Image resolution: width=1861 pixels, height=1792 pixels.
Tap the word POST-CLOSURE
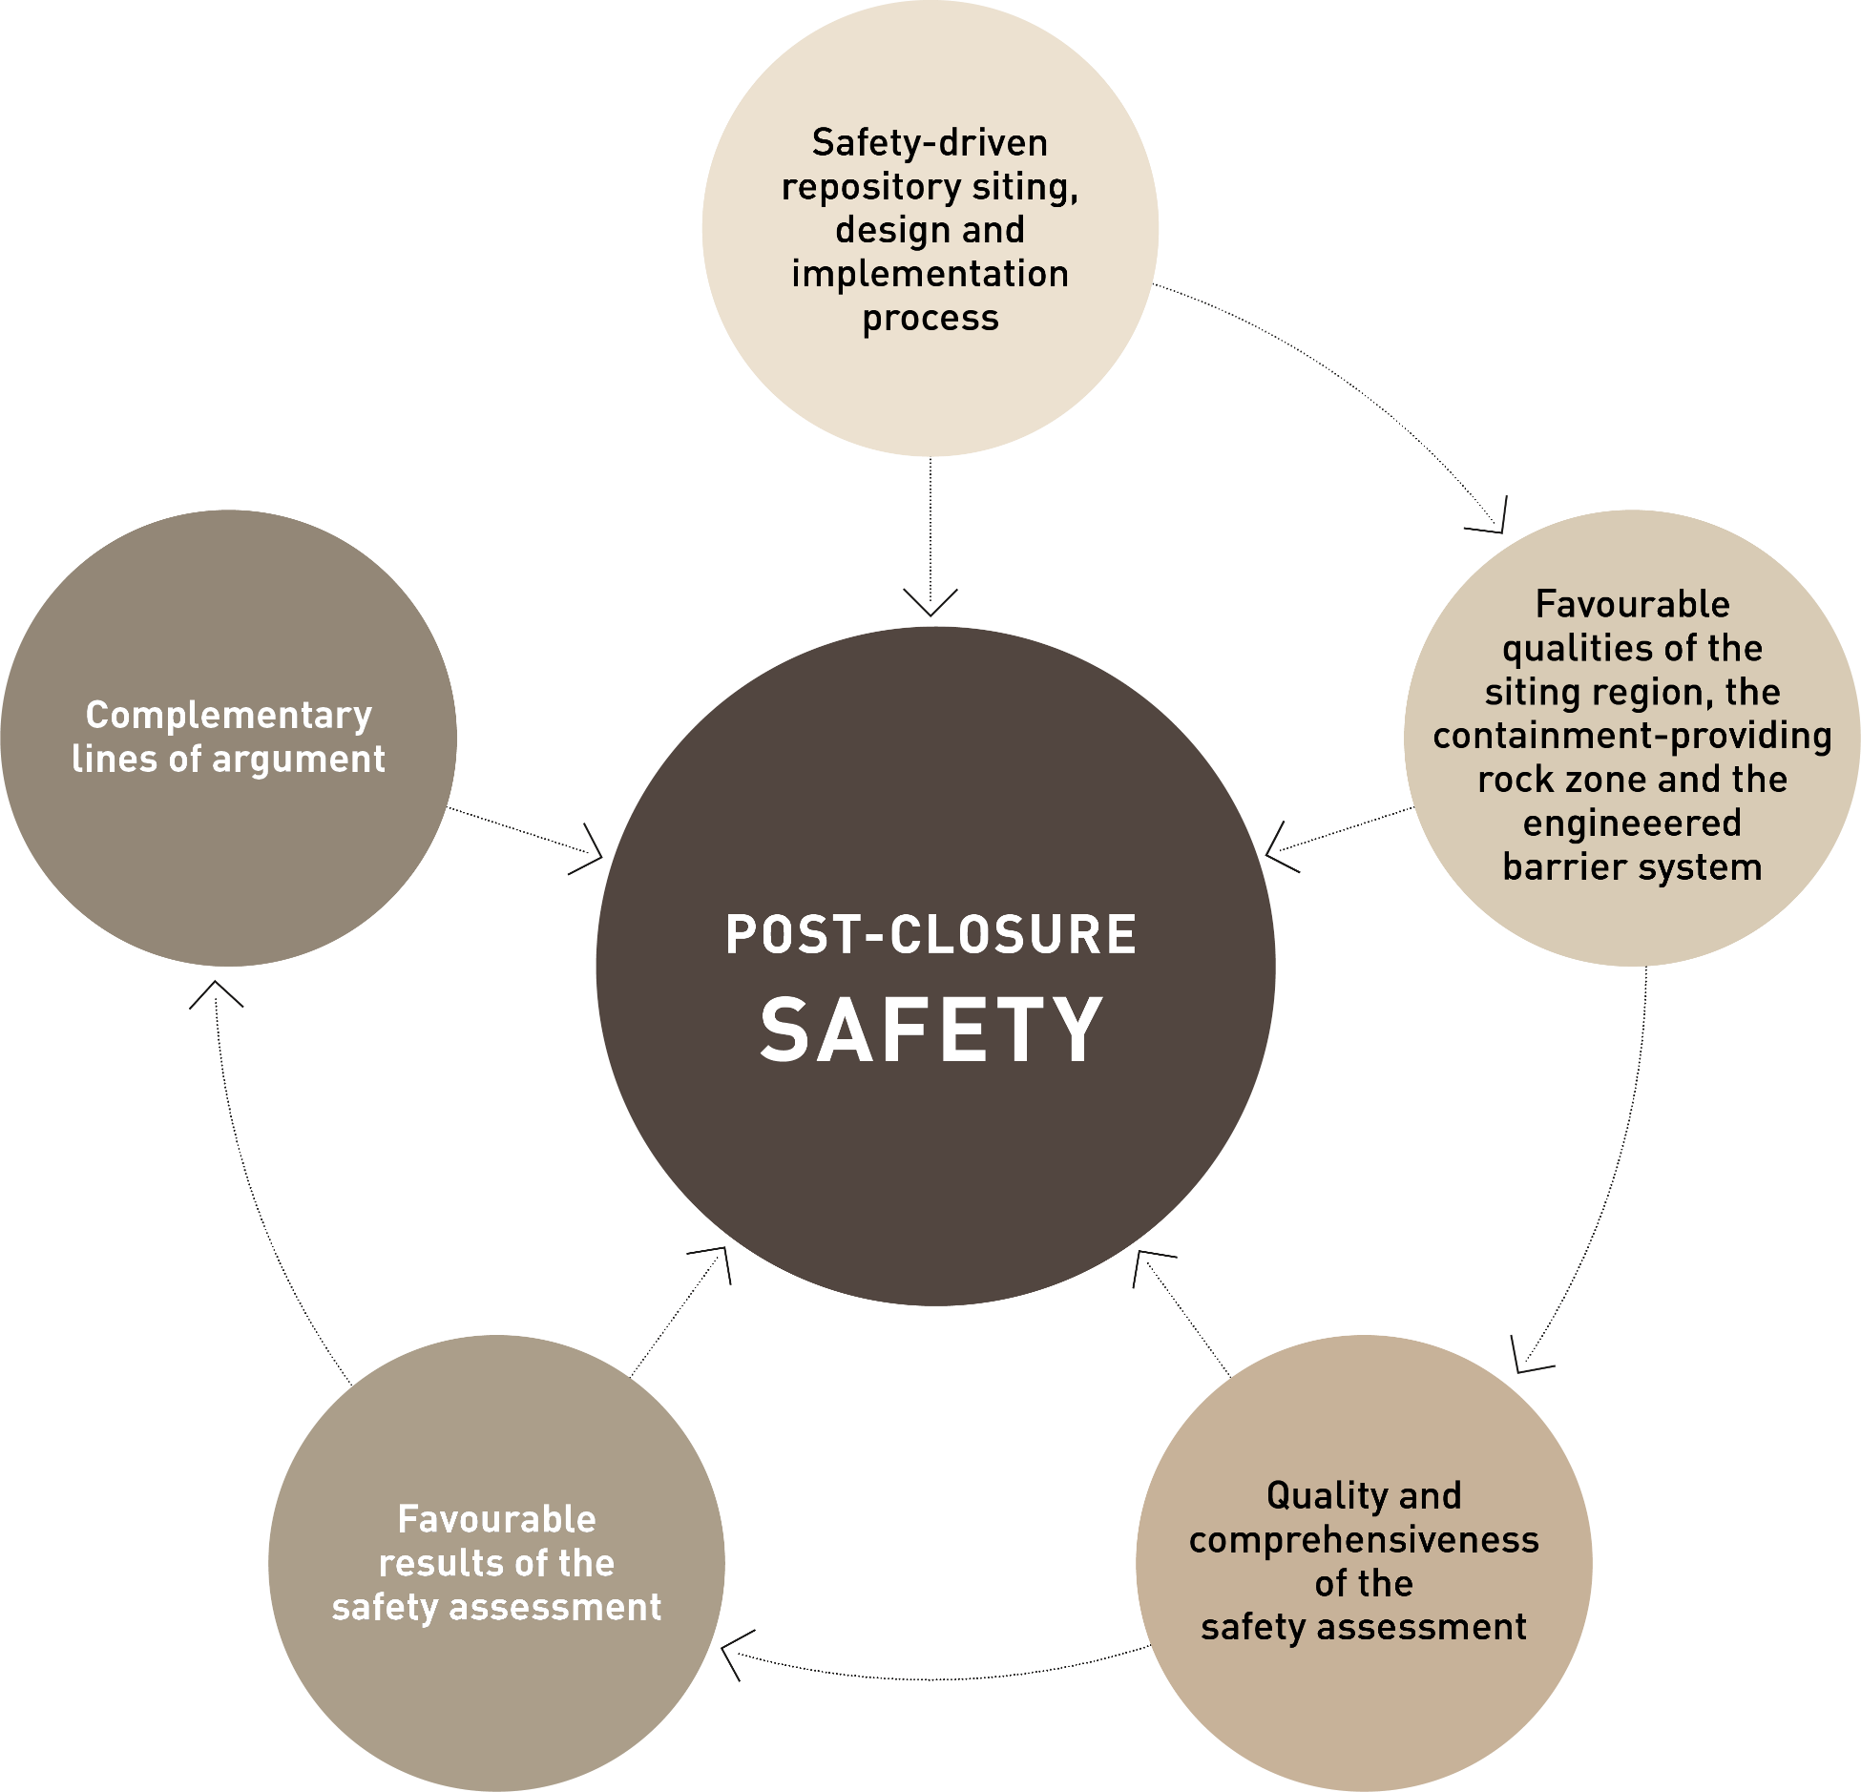(x=931, y=934)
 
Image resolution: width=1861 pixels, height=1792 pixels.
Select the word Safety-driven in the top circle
(x=930, y=143)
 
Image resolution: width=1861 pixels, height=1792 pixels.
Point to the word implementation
(x=930, y=275)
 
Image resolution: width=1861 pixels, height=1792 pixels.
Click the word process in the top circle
(x=930, y=319)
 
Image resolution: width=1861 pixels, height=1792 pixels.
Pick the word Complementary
(x=229, y=716)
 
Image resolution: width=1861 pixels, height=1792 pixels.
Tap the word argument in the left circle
(x=299, y=760)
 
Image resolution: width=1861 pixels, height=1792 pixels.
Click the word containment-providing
(x=1632, y=736)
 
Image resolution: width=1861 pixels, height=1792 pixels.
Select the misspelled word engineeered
(x=1632, y=823)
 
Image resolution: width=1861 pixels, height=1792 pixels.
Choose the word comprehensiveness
(x=1364, y=1539)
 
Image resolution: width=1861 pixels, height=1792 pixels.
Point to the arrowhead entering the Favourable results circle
(x=731, y=1652)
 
